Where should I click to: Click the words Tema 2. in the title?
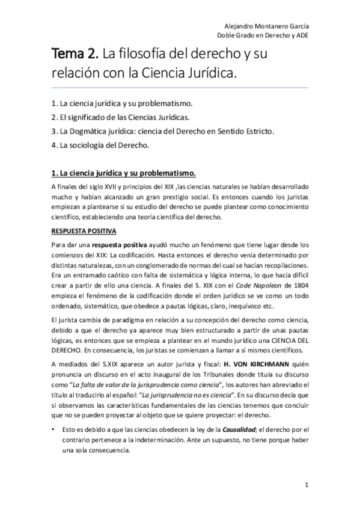(74, 55)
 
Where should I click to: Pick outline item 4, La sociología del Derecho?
(100, 145)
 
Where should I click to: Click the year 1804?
(297, 285)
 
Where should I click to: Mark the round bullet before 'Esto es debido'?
(53, 430)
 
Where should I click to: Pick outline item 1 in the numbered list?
(121, 101)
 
